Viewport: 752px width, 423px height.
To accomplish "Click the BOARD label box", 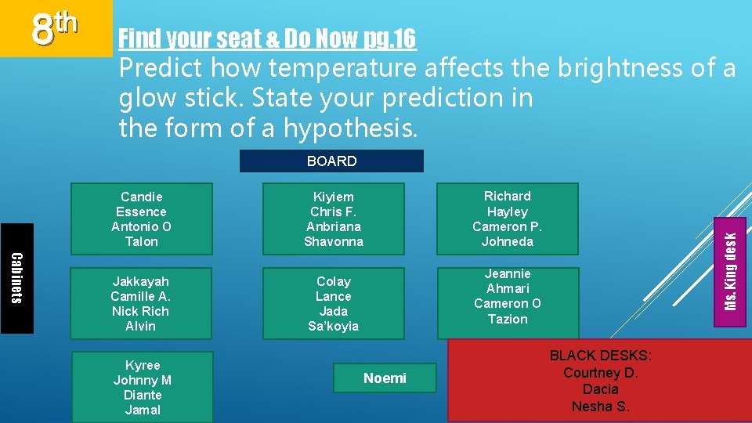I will [331, 161].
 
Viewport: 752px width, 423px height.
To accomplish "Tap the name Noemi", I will [385, 378].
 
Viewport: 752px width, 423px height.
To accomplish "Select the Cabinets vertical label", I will [16, 278].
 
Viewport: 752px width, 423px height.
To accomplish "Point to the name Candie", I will [141, 197].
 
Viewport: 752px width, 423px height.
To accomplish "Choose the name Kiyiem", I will [334, 197].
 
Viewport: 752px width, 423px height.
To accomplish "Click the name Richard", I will [507, 196].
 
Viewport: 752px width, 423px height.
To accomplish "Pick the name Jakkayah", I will [140, 281].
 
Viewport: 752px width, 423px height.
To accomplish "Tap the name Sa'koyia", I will [333, 326].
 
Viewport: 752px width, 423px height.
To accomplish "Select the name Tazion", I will [508, 319].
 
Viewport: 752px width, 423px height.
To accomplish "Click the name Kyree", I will [143, 365].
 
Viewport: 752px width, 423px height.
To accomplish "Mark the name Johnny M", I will [143, 380].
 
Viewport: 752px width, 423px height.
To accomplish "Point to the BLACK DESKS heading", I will [600, 356].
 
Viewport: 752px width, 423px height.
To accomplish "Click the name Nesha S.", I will [600, 406].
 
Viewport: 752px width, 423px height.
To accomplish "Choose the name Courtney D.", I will [600, 373].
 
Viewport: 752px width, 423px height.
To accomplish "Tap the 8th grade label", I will [55, 27].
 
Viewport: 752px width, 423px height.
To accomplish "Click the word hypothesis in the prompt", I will [349, 128].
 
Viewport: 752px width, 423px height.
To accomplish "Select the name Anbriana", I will [334, 226].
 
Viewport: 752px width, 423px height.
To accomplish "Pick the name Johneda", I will [507, 241].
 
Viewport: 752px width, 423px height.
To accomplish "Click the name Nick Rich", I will [140, 311].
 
